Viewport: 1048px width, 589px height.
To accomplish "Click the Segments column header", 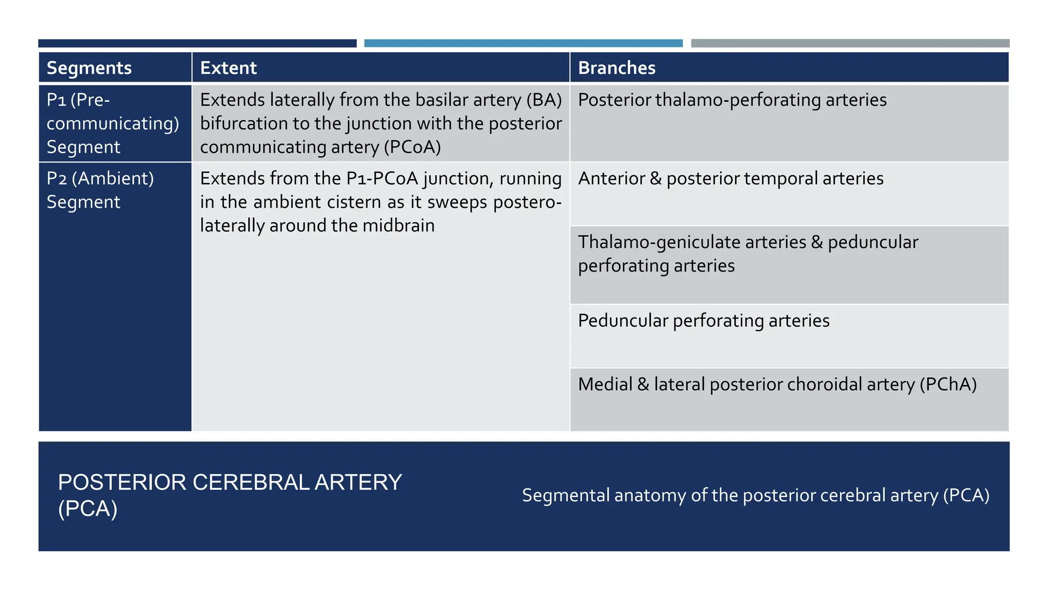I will [89, 68].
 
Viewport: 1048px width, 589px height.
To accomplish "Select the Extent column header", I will [228, 68].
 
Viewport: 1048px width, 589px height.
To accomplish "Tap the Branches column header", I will [617, 68].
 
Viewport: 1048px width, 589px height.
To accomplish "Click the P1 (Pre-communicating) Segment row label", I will [113, 123].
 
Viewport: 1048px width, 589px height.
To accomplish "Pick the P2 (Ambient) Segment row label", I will [100, 190].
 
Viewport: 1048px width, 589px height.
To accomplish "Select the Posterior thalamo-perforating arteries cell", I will [732, 100].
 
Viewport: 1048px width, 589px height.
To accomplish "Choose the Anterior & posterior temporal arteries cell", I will [731, 178].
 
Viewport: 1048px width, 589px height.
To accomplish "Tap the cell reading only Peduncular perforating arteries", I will [704, 321].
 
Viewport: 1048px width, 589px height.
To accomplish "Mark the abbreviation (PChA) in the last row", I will [948, 384].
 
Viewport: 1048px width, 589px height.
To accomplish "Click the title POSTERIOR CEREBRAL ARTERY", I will [230, 483].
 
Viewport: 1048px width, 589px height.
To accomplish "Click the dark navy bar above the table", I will [198, 43].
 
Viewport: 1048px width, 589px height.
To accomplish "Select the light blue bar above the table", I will [523, 43].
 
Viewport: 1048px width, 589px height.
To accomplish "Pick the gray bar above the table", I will [850, 43].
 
